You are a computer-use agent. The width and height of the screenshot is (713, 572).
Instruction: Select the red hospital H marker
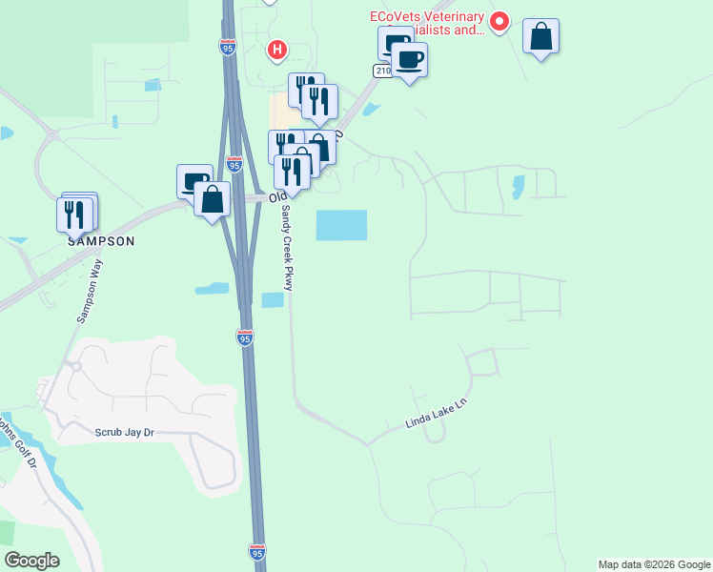pyautogui.click(x=276, y=49)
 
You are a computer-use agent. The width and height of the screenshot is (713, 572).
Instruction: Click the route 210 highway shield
pyautogui.click(x=381, y=71)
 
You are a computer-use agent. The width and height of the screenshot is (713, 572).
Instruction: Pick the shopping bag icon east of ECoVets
pyautogui.click(x=540, y=37)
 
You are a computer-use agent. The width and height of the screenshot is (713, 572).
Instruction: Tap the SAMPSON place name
pyautogui.click(x=100, y=241)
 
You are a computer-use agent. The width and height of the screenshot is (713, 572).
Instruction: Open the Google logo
pyautogui.click(x=31, y=561)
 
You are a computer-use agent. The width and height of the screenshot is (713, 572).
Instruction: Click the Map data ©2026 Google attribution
pyautogui.click(x=654, y=564)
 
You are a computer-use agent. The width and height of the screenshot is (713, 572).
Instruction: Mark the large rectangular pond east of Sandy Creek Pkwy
pyautogui.click(x=341, y=225)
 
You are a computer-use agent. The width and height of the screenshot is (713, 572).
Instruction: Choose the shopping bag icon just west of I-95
pyautogui.click(x=212, y=199)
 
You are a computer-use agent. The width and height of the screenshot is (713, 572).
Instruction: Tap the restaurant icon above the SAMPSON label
pyautogui.click(x=76, y=214)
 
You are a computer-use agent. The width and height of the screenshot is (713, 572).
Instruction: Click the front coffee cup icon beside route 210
pyautogui.click(x=409, y=60)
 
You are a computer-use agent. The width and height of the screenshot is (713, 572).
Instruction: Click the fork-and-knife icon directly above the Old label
pyautogui.click(x=292, y=172)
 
